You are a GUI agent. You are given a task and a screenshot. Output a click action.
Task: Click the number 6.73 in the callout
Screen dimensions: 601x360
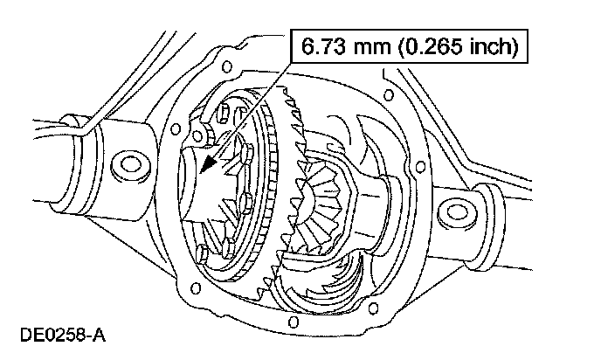(x=324, y=46)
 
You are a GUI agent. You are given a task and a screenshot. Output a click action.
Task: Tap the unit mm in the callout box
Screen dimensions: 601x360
(x=372, y=47)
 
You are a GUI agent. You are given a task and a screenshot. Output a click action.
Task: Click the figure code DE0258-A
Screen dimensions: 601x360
(x=63, y=335)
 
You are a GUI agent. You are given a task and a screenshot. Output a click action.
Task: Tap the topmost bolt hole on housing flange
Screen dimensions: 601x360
(x=227, y=66)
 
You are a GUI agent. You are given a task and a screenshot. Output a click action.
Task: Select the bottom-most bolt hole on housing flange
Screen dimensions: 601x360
(x=293, y=322)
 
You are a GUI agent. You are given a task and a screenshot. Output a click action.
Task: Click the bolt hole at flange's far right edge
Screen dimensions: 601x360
(x=420, y=167)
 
